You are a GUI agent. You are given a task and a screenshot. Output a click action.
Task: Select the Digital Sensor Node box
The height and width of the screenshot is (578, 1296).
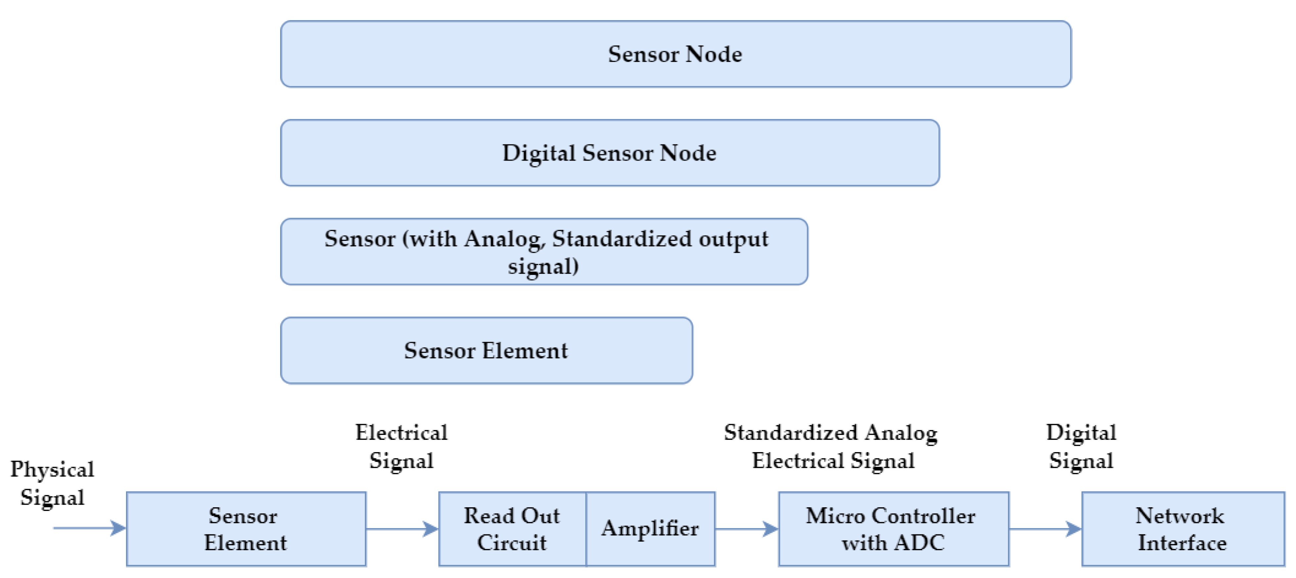click(609, 152)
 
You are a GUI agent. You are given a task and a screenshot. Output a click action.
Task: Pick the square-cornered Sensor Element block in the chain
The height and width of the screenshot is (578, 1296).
click(246, 529)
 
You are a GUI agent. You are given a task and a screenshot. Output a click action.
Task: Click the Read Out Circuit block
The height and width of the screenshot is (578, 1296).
click(512, 529)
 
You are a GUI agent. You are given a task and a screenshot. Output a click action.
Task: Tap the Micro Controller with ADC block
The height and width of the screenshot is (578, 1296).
click(893, 529)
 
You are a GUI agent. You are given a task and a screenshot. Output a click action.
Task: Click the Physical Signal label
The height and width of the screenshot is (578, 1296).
click(52, 483)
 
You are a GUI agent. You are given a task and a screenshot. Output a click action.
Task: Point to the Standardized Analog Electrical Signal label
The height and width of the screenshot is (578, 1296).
click(832, 446)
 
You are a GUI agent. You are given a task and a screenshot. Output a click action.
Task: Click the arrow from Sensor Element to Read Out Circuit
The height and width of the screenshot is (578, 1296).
click(402, 529)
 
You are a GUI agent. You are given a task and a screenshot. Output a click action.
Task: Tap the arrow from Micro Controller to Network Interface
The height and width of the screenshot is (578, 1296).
click(1045, 529)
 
